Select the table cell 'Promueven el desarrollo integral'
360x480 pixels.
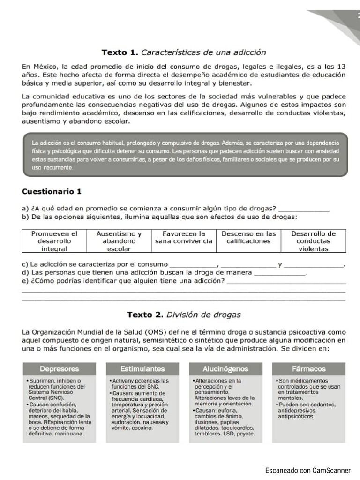click(54, 241)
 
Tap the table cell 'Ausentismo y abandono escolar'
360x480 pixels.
click(119, 241)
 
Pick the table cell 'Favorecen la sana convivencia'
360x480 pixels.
click(184, 237)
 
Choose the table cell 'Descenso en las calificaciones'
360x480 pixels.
click(248, 237)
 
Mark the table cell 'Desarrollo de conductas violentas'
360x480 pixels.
click(314, 241)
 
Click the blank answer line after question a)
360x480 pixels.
click(303, 209)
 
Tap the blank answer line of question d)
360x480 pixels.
click(279, 273)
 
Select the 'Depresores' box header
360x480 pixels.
click(60, 369)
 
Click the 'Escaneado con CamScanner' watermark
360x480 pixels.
click(307, 470)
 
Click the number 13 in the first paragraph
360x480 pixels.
click(341, 67)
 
